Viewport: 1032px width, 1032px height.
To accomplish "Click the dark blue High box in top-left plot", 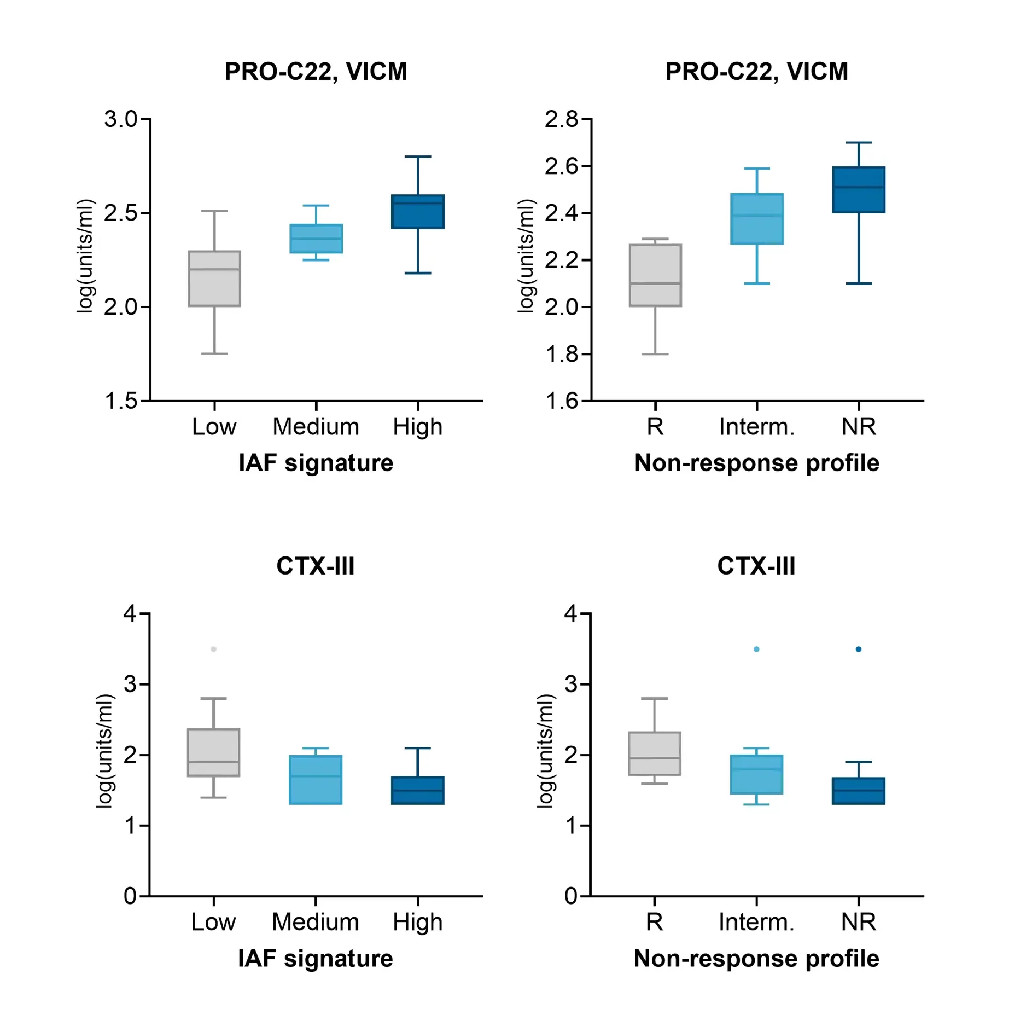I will (x=417, y=212).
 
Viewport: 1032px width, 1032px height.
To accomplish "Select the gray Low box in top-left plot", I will (x=214, y=279).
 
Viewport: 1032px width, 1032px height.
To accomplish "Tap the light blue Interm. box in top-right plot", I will (x=756, y=219).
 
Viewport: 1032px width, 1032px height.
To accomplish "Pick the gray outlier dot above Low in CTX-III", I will (x=213, y=649).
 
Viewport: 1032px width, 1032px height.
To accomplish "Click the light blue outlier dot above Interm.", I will (x=756, y=649).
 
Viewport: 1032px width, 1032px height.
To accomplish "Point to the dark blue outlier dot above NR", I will (x=858, y=649).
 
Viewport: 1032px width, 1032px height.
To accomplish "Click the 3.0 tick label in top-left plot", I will (x=121, y=119).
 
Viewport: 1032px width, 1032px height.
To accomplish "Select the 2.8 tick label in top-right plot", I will (x=561, y=119).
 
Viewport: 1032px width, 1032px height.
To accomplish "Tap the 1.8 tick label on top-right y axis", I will (x=562, y=355).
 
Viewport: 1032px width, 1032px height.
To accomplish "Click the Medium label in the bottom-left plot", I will (x=316, y=922).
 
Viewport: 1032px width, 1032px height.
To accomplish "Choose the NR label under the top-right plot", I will (x=858, y=427).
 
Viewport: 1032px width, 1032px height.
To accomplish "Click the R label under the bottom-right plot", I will (x=654, y=922).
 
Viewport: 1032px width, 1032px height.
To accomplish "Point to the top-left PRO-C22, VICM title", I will (x=316, y=72).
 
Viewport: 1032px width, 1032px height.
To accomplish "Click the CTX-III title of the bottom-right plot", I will (x=756, y=566).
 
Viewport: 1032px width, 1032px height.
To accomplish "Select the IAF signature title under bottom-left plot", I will (x=316, y=959).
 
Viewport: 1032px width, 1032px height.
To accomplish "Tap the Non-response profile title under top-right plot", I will (x=756, y=463).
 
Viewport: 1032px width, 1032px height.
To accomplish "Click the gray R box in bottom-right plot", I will (x=654, y=753).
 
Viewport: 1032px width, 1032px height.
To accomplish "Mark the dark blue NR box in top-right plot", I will (x=858, y=190).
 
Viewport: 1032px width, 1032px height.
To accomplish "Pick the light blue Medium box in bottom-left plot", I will (x=316, y=780).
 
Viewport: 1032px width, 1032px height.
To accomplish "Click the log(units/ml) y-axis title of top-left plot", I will (x=85, y=256).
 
